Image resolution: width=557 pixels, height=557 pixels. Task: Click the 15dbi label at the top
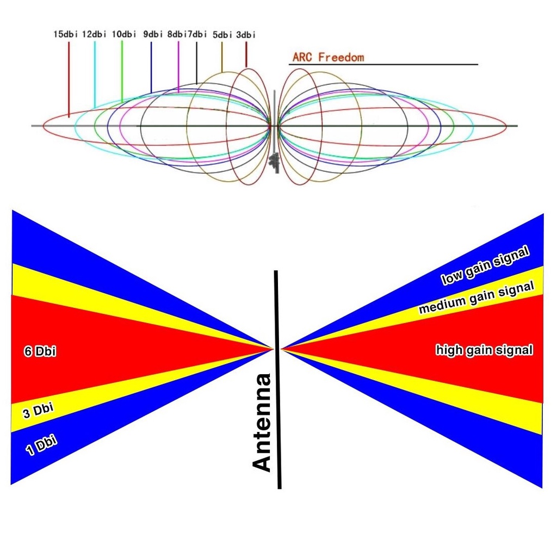click(66, 34)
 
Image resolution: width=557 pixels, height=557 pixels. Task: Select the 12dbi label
click(95, 34)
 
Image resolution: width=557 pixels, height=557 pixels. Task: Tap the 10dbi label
click(123, 34)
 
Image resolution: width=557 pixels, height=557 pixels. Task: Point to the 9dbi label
click(153, 34)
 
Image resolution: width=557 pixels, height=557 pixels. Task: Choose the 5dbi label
click(222, 35)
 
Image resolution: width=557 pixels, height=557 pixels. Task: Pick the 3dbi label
click(246, 35)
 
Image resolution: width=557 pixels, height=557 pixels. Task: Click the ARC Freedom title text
click(328, 57)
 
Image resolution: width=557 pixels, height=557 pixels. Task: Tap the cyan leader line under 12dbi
click(95, 73)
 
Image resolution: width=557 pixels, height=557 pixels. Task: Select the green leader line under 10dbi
click(122, 71)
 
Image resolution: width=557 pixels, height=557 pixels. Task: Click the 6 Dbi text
click(40, 352)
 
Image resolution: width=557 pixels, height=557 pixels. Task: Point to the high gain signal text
click(484, 350)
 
